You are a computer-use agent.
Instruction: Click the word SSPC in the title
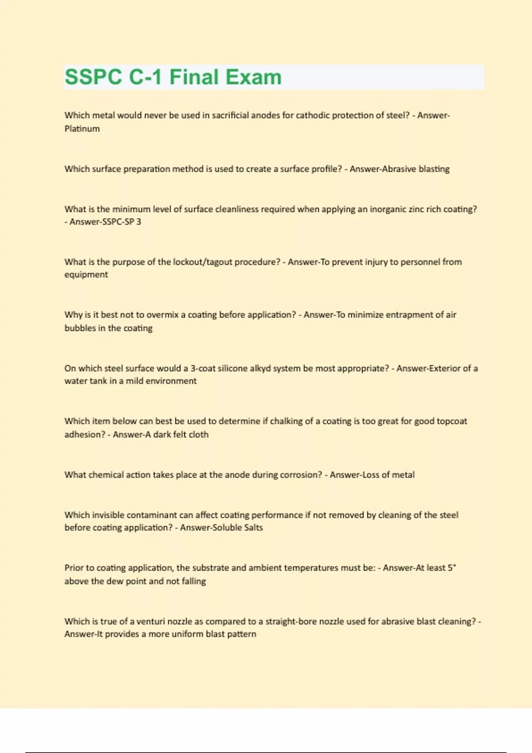pos(93,77)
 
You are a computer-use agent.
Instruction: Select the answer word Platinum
pos(82,129)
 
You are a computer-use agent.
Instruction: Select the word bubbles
pos(79,328)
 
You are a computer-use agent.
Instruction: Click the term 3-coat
pos(203,368)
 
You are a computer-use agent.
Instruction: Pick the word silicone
pos(233,368)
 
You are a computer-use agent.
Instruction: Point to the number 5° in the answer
pos(452,568)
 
